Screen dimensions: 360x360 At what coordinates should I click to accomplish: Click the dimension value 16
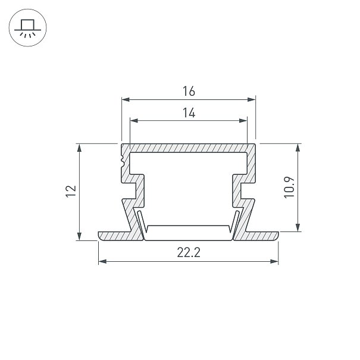(x=189, y=91)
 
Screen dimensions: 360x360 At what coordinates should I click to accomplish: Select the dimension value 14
(x=189, y=112)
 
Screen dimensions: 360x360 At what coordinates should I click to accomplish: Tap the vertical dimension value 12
(x=71, y=191)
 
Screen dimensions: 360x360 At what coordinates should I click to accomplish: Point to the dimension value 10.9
(x=289, y=187)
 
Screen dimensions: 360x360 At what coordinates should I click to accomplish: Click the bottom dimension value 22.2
(x=189, y=252)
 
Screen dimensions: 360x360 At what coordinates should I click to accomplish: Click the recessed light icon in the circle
(x=27, y=28)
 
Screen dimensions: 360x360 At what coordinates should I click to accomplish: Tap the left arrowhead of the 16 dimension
(x=126, y=99)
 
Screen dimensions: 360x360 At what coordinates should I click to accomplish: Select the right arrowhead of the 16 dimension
(x=251, y=99)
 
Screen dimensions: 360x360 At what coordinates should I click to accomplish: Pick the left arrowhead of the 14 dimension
(x=134, y=121)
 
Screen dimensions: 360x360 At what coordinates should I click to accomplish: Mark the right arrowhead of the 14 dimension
(x=243, y=121)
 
